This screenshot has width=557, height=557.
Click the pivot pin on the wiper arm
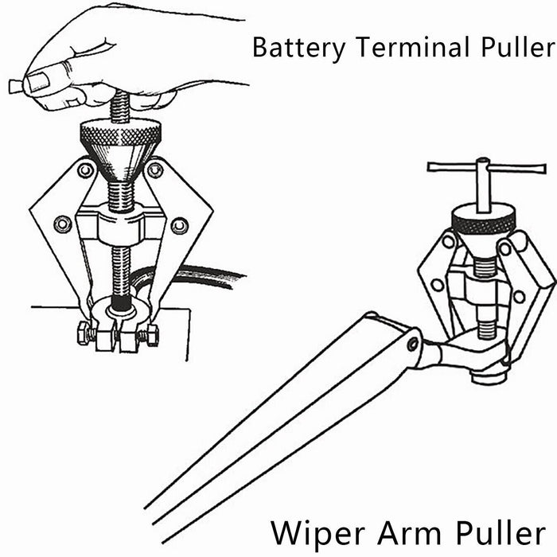(x=411, y=345)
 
